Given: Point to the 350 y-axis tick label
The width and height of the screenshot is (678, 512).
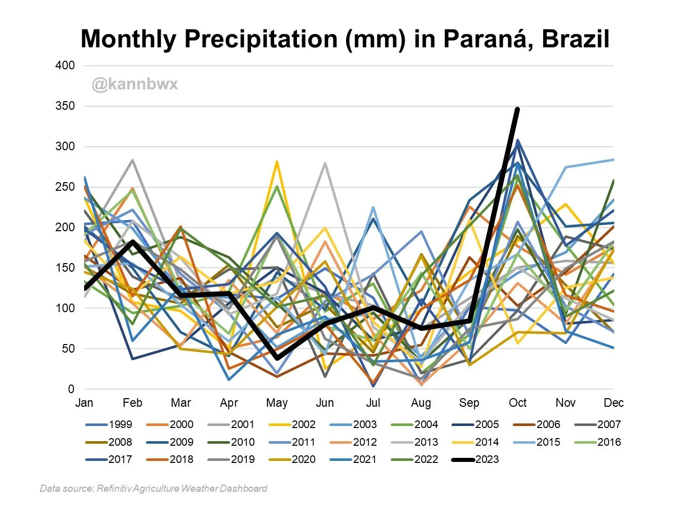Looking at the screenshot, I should click(x=65, y=106).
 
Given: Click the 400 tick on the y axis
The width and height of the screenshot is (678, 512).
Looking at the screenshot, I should click(x=65, y=65).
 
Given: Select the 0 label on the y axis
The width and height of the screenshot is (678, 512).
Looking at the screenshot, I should click(x=71, y=389).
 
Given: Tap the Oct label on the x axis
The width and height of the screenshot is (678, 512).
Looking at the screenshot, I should click(x=517, y=403).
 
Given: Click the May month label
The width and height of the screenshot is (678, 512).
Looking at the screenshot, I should click(x=277, y=403).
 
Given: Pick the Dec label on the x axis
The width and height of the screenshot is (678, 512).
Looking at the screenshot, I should click(x=614, y=403).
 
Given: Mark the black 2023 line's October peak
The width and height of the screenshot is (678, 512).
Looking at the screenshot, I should click(x=517, y=109).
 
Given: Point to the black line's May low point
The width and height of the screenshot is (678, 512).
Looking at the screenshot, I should click(x=277, y=358).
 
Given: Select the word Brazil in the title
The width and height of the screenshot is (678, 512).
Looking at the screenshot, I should click(x=575, y=39).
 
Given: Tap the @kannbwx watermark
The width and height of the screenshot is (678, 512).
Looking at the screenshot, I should click(x=135, y=83).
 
